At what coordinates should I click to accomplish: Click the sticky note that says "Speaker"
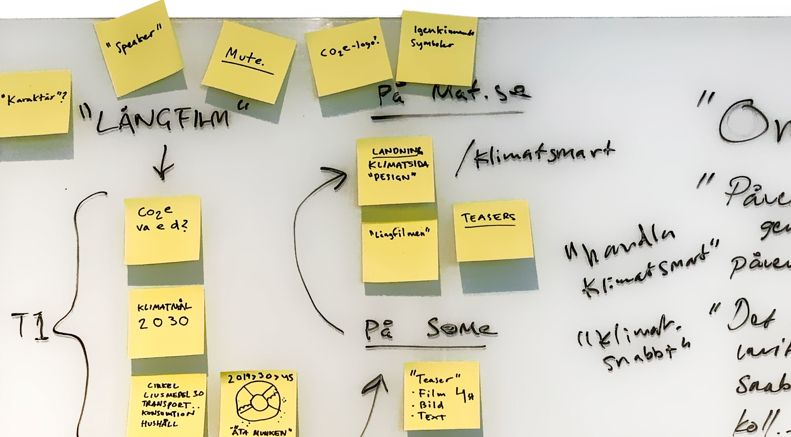click(139, 47)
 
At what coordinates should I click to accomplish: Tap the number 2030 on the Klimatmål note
click(163, 322)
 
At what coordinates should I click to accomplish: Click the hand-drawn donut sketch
click(259, 402)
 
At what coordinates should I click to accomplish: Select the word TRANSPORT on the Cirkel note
click(166, 404)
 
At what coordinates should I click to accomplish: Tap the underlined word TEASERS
click(488, 218)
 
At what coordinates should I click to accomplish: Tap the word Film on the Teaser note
click(432, 393)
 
